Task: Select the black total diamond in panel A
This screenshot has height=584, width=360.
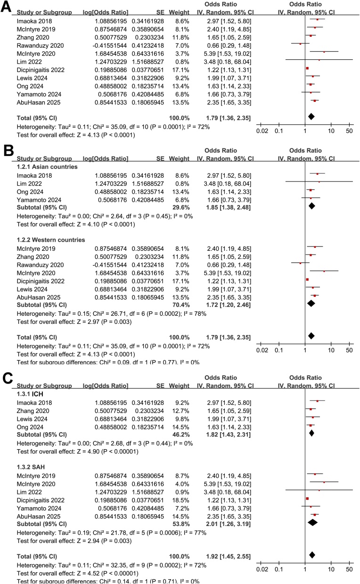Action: coord(311,116)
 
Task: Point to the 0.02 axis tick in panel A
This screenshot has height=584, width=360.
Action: coord(262,130)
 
